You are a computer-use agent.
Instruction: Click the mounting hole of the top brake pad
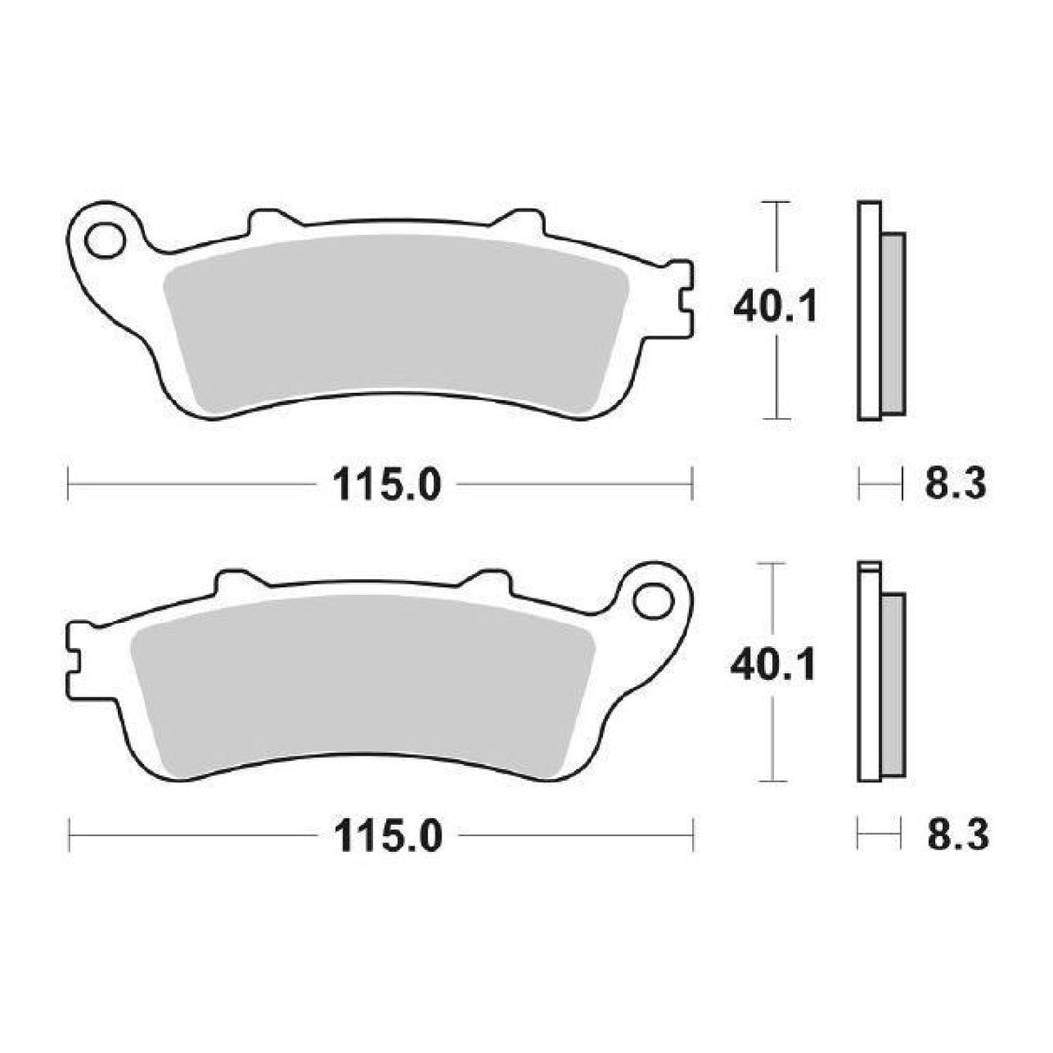point(105,239)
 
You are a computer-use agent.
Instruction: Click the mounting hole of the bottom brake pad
point(652,598)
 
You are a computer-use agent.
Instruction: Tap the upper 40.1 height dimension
point(774,307)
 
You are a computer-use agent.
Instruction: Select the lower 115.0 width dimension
point(384,837)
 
